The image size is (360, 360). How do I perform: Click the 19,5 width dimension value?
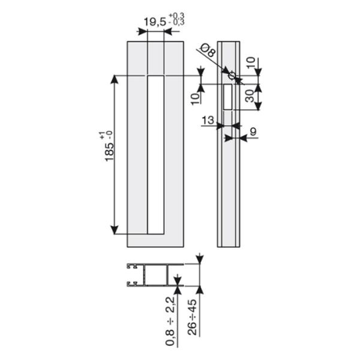(154, 23)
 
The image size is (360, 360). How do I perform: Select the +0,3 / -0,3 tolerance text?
(177, 20)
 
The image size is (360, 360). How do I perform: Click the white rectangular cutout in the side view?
(228, 97)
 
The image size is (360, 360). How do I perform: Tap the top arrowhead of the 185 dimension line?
(115, 80)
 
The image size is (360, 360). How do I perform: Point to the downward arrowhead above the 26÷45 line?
(200, 260)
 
